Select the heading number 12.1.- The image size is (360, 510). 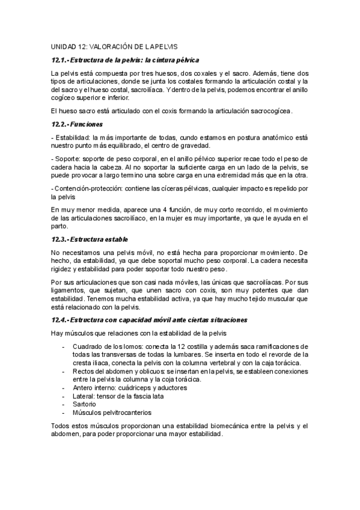click(61, 60)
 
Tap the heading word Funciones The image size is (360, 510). click(87, 124)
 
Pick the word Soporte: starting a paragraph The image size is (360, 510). click(68, 158)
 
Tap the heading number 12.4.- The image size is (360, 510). click(61, 319)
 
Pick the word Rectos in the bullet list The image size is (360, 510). click(84, 372)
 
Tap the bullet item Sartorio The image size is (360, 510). click(85, 404)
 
